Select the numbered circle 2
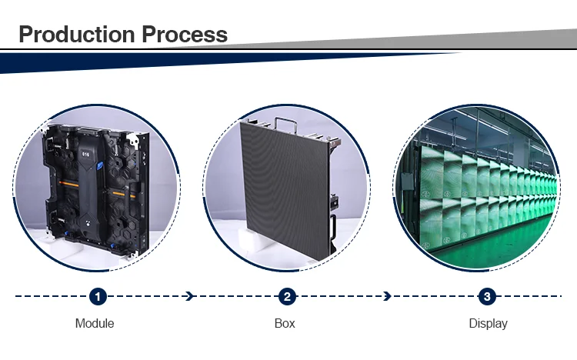(286, 296)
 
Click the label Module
(95, 323)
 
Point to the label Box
(285, 323)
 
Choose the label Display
(488, 323)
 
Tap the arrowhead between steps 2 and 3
(386, 296)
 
